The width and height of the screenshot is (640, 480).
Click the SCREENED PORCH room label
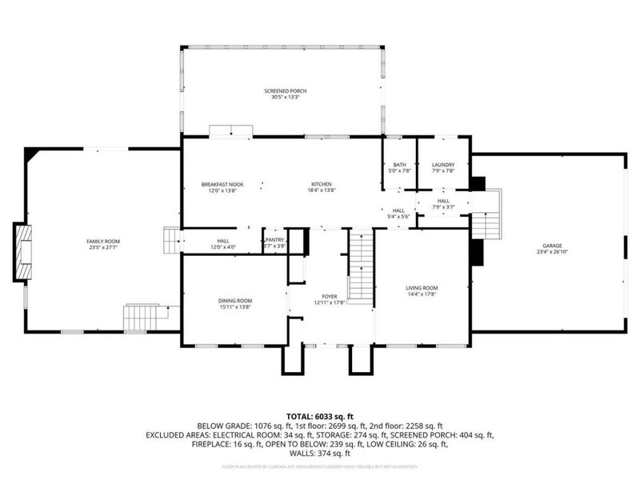(x=286, y=91)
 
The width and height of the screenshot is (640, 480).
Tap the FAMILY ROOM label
(x=103, y=241)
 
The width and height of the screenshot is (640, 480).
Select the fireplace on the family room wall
(x=22, y=253)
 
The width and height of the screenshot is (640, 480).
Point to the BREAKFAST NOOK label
(x=222, y=185)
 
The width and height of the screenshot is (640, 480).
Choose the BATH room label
(x=399, y=165)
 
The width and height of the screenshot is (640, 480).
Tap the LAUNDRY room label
(x=442, y=165)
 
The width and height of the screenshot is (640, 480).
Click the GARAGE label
(x=552, y=246)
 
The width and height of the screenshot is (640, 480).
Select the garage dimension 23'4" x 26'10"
(x=552, y=252)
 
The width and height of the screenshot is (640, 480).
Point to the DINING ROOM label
(x=235, y=301)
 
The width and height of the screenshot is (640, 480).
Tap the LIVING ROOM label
(x=422, y=288)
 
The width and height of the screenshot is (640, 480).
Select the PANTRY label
(x=276, y=239)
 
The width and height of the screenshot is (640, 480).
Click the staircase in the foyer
(x=362, y=268)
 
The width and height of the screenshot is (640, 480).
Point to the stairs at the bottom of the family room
(x=138, y=318)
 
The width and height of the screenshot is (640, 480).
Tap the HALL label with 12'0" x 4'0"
(x=223, y=240)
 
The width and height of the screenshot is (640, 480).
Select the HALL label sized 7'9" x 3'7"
(x=443, y=202)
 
